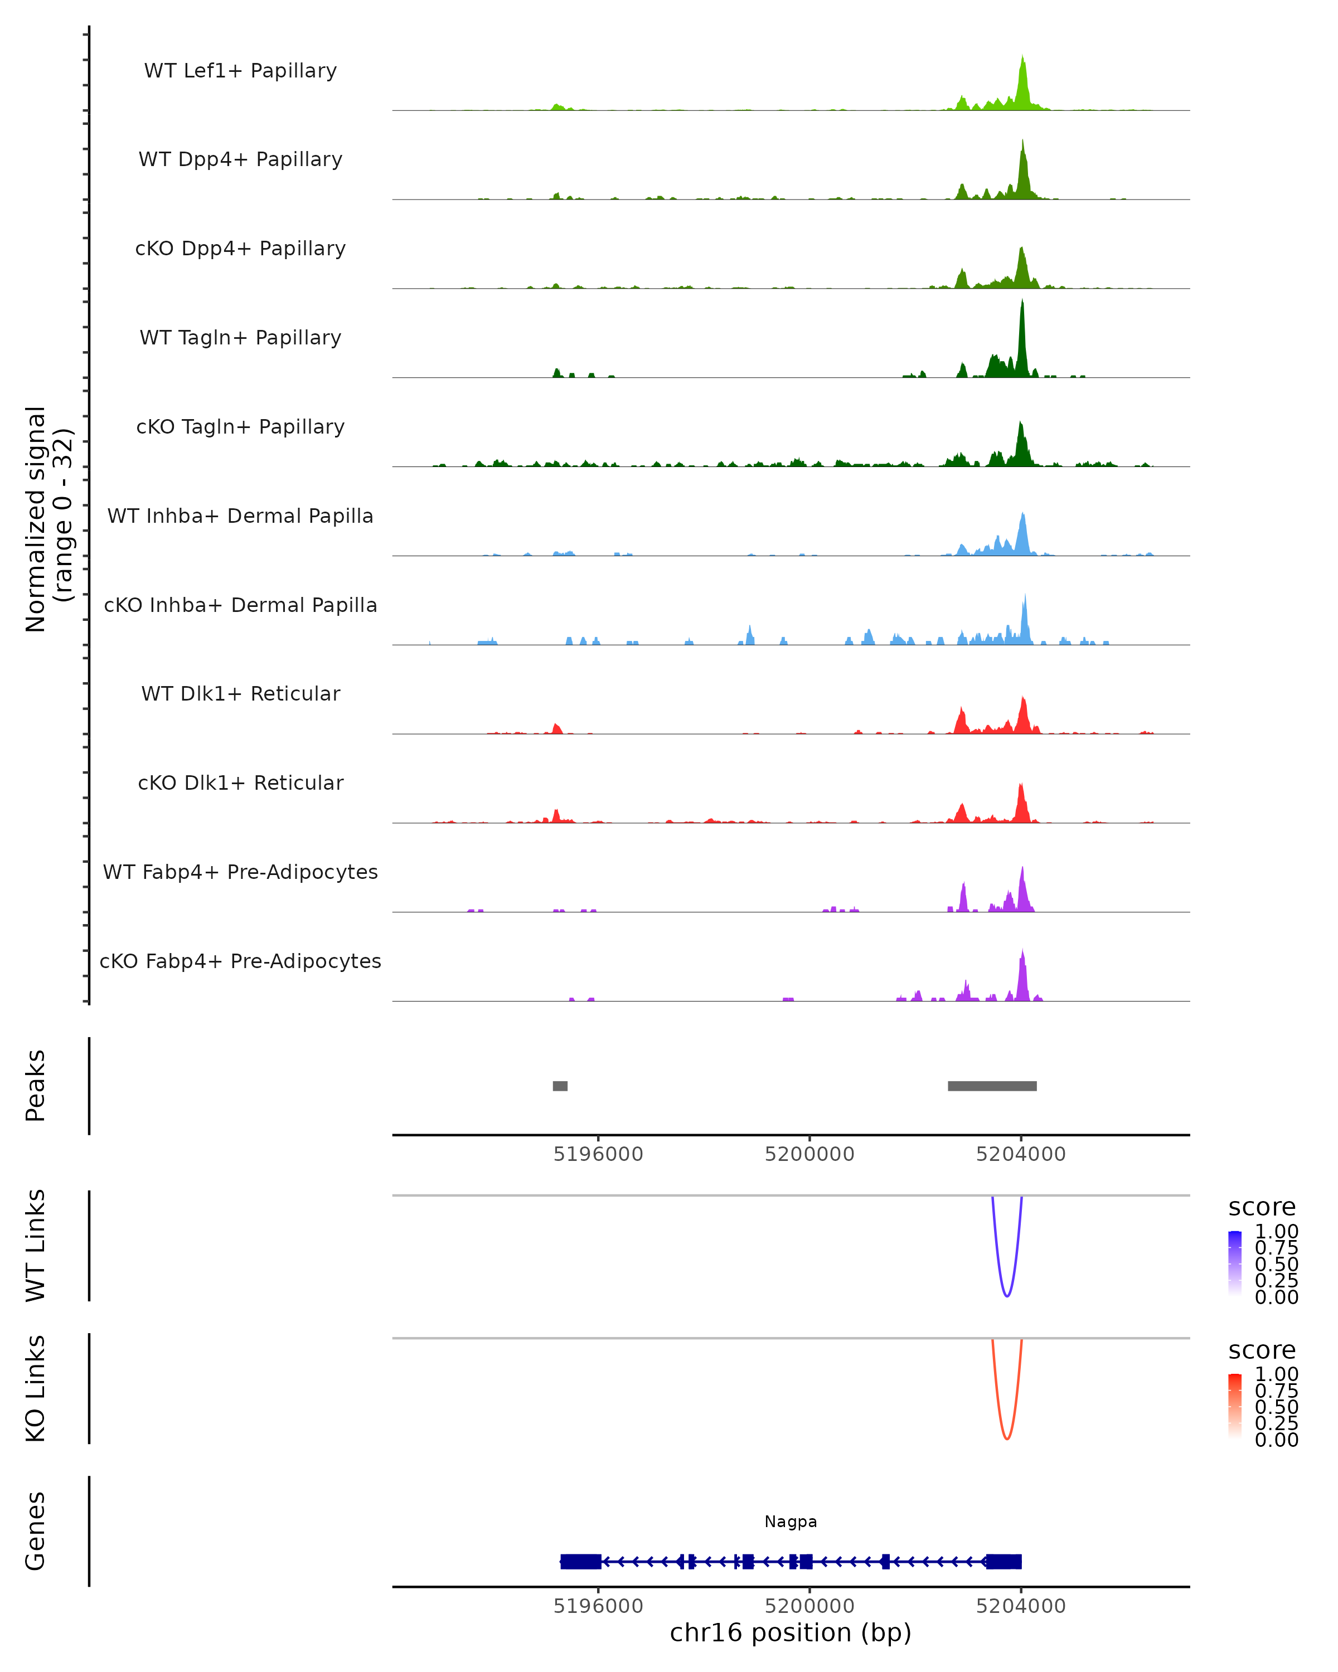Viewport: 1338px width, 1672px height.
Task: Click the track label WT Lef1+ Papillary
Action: point(240,71)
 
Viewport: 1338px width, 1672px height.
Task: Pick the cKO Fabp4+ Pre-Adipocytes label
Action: point(240,961)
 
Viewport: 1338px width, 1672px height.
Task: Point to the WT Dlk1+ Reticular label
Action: point(240,694)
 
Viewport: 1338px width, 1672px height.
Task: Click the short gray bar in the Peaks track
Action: point(560,1086)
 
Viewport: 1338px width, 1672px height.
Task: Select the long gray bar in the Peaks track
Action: point(992,1086)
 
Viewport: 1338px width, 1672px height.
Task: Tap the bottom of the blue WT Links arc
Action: point(1007,1296)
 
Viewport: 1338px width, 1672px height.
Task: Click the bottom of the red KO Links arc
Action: point(1007,1438)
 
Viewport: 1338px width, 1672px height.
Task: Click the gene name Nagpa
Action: point(791,1522)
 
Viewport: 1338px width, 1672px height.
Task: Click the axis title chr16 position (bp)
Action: point(791,1633)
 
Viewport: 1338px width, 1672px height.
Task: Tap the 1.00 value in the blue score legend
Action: point(1276,1232)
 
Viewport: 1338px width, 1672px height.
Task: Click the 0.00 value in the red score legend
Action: point(1276,1440)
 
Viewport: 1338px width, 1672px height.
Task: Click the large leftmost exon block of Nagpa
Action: point(581,1561)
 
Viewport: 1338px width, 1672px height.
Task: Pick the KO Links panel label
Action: point(36,1388)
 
